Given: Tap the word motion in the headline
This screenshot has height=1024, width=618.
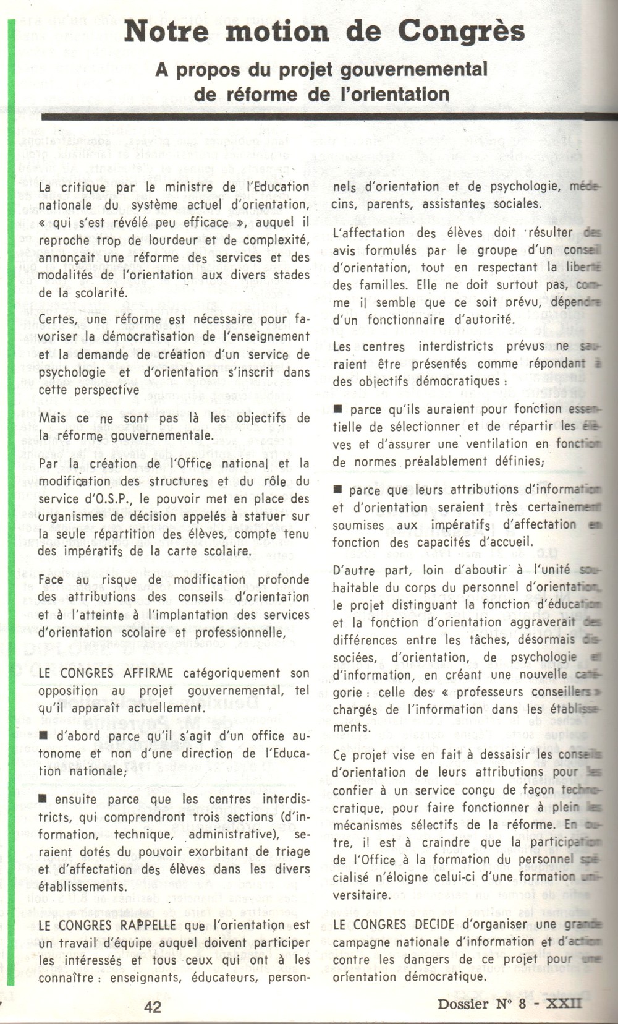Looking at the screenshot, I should [x=277, y=31].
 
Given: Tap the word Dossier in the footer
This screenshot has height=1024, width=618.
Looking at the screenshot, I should [x=463, y=1004].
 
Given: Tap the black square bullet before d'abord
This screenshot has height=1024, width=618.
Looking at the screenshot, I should [x=43, y=736].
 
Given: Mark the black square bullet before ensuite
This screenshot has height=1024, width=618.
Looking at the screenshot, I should [x=43, y=799].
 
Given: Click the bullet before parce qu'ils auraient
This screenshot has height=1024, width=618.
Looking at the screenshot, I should [x=338, y=409].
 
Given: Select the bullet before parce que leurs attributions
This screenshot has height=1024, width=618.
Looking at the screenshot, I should [x=338, y=490].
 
